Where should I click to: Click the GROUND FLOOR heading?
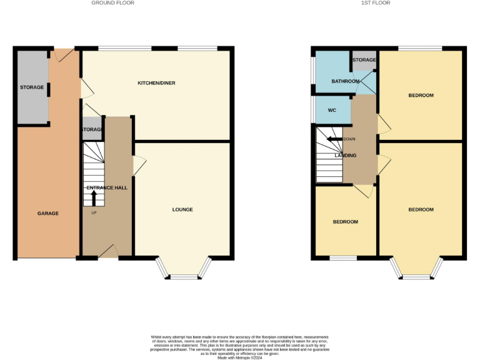(112, 3)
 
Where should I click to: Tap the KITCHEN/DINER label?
(156, 83)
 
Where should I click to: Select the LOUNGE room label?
(182, 209)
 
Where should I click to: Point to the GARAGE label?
(47, 213)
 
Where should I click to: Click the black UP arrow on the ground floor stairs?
(94, 197)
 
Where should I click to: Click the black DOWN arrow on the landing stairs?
(333, 139)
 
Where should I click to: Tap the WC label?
(332, 111)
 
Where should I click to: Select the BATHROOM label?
(345, 81)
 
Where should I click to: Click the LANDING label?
(345, 156)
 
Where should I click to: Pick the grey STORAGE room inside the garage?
(32, 87)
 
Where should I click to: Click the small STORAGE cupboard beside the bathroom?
(364, 60)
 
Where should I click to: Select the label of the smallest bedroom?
(345, 222)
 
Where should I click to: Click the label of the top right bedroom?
(421, 96)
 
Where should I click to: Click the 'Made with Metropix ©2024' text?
(239, 357)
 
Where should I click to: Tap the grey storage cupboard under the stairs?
(92, 129)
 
